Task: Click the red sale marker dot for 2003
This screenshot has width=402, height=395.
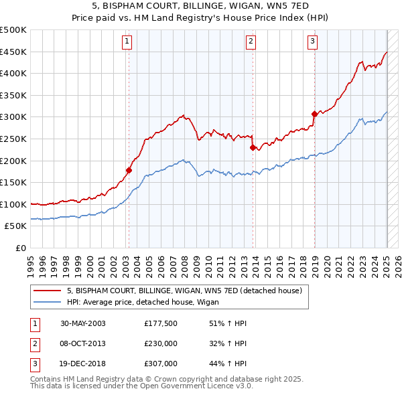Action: coord(129,170)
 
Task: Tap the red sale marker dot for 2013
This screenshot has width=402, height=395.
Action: coord(253,147)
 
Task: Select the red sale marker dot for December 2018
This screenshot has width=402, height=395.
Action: coord(314,114)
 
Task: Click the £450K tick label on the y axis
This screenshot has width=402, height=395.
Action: coord(13,52)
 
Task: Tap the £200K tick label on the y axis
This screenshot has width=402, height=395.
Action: coord(13,161)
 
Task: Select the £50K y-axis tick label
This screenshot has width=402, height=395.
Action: coord(16,226)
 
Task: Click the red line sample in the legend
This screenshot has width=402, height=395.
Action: coord(48,291)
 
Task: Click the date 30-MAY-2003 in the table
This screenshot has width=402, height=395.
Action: coord(82,323)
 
